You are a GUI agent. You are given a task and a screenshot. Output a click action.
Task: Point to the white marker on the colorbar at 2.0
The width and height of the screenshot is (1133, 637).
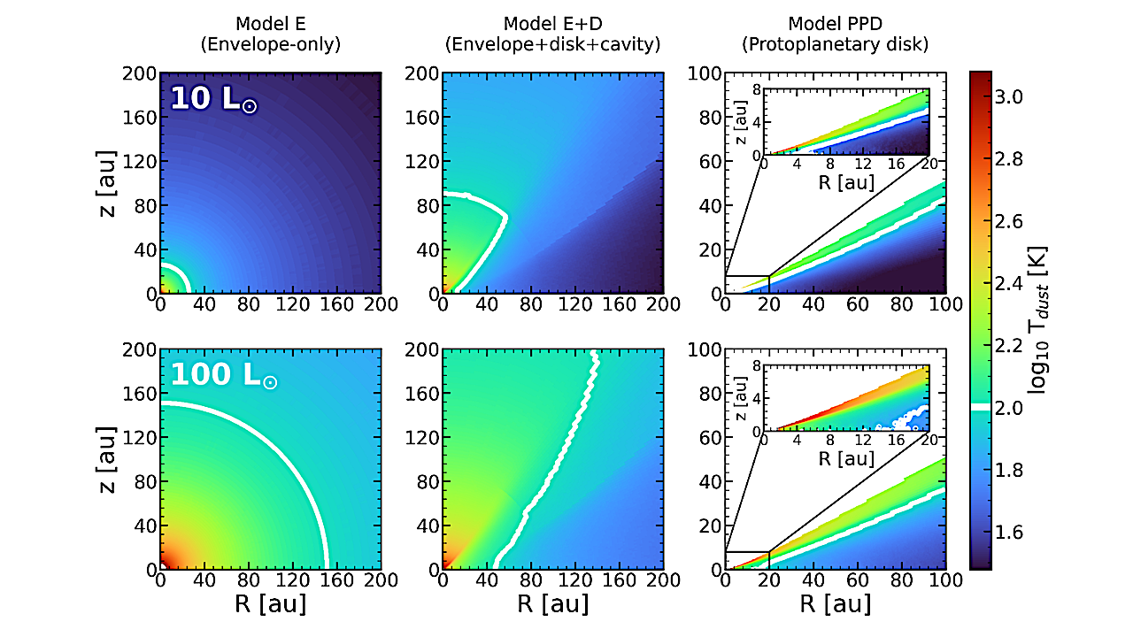click(x=981, y=406)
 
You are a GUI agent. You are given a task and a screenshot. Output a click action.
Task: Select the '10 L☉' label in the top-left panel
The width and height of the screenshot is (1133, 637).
click(x=213, y=98)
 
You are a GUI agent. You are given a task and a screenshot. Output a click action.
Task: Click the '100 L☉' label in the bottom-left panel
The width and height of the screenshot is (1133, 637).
click(x=223, y=376)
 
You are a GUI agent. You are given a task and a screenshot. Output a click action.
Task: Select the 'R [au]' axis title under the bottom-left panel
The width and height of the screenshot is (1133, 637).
click(x=270, y=605)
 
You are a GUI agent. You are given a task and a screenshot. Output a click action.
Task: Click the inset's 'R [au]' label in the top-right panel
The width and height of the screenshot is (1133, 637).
click(x=846, y=182)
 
